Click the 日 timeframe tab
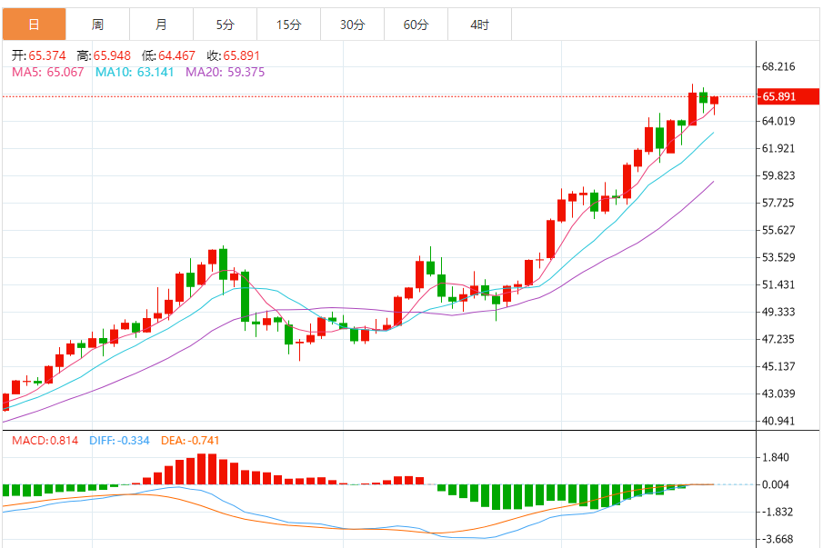point(34,25)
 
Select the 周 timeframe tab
point(97,25)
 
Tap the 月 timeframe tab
point(161,25)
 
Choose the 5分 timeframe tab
point(225,25)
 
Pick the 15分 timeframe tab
point(288,25)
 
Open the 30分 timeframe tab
point(352,25)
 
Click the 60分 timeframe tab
point(416,25)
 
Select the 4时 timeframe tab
point(479,25)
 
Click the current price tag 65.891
point(779,96)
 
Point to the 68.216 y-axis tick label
point(778,66)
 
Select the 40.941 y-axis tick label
point(778,421)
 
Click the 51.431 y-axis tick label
point(778,284)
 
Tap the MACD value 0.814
point(64,441)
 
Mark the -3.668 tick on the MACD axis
point(778,539)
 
